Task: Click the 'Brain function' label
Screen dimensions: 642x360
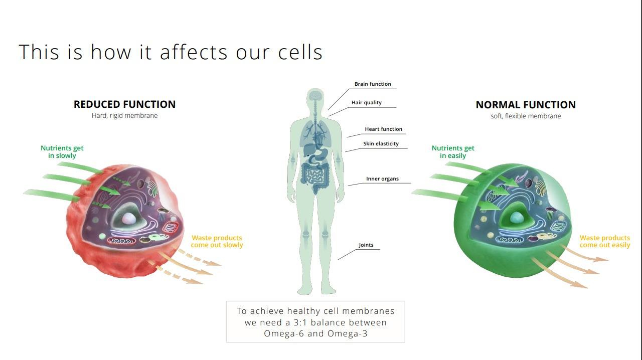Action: pos(373,84)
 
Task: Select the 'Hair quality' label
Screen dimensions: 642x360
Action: pos(367,103)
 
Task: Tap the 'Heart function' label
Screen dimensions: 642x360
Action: pos(384,129)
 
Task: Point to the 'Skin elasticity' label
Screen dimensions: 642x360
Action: pos(381,143)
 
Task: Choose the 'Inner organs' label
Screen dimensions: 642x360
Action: pos(382,179)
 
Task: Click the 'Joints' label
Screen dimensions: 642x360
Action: pos(366,245)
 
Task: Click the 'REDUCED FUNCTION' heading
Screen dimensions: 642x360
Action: pos(125,104)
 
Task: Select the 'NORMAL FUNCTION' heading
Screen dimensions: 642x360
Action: pos(526,105)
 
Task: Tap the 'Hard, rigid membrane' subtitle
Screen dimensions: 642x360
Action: pos(125,115)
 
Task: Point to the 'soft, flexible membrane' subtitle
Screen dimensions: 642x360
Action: pos(526,116)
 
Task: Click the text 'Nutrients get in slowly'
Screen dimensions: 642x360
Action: pos(62,152)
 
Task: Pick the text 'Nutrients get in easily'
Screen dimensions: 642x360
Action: pos(453,152)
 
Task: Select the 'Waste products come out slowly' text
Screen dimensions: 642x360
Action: pos(217,241)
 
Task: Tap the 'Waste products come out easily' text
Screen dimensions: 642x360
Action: pos(605,241)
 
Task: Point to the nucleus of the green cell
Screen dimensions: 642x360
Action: pos(517,217)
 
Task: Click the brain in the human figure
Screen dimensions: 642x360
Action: pos(315,95)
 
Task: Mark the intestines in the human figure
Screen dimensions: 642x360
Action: pos(315,176)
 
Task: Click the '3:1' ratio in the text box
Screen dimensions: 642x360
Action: pos(300,322)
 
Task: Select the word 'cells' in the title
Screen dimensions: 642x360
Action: pos(300,52)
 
